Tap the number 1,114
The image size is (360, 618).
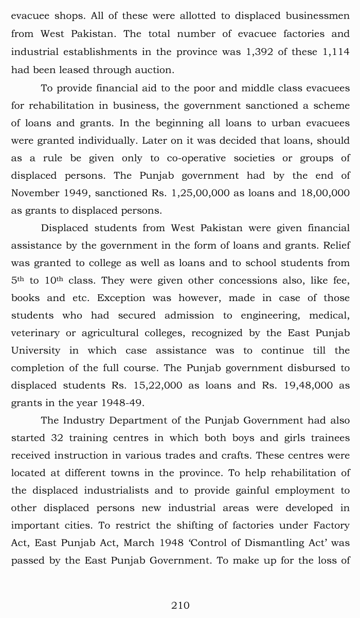pyautogui.click(x=332, y=52)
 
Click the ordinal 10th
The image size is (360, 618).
pyautogui.click(x=53, y=280)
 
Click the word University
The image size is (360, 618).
pyautogui.click(x=35, y=350)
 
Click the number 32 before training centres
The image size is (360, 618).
pyautogui.click(x=57, y=438)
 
